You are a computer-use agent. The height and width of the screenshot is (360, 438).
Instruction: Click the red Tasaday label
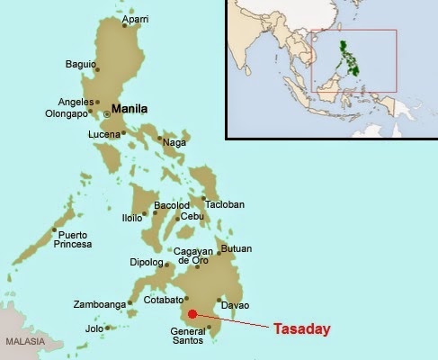pos(303,329)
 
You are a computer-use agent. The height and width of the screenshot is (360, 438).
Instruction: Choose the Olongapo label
pos(65,114)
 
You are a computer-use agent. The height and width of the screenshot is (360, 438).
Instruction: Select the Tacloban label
pos(226,204)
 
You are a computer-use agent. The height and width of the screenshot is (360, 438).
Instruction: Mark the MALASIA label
pos(23,343)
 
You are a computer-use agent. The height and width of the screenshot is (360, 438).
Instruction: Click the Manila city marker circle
pos(107,113)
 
